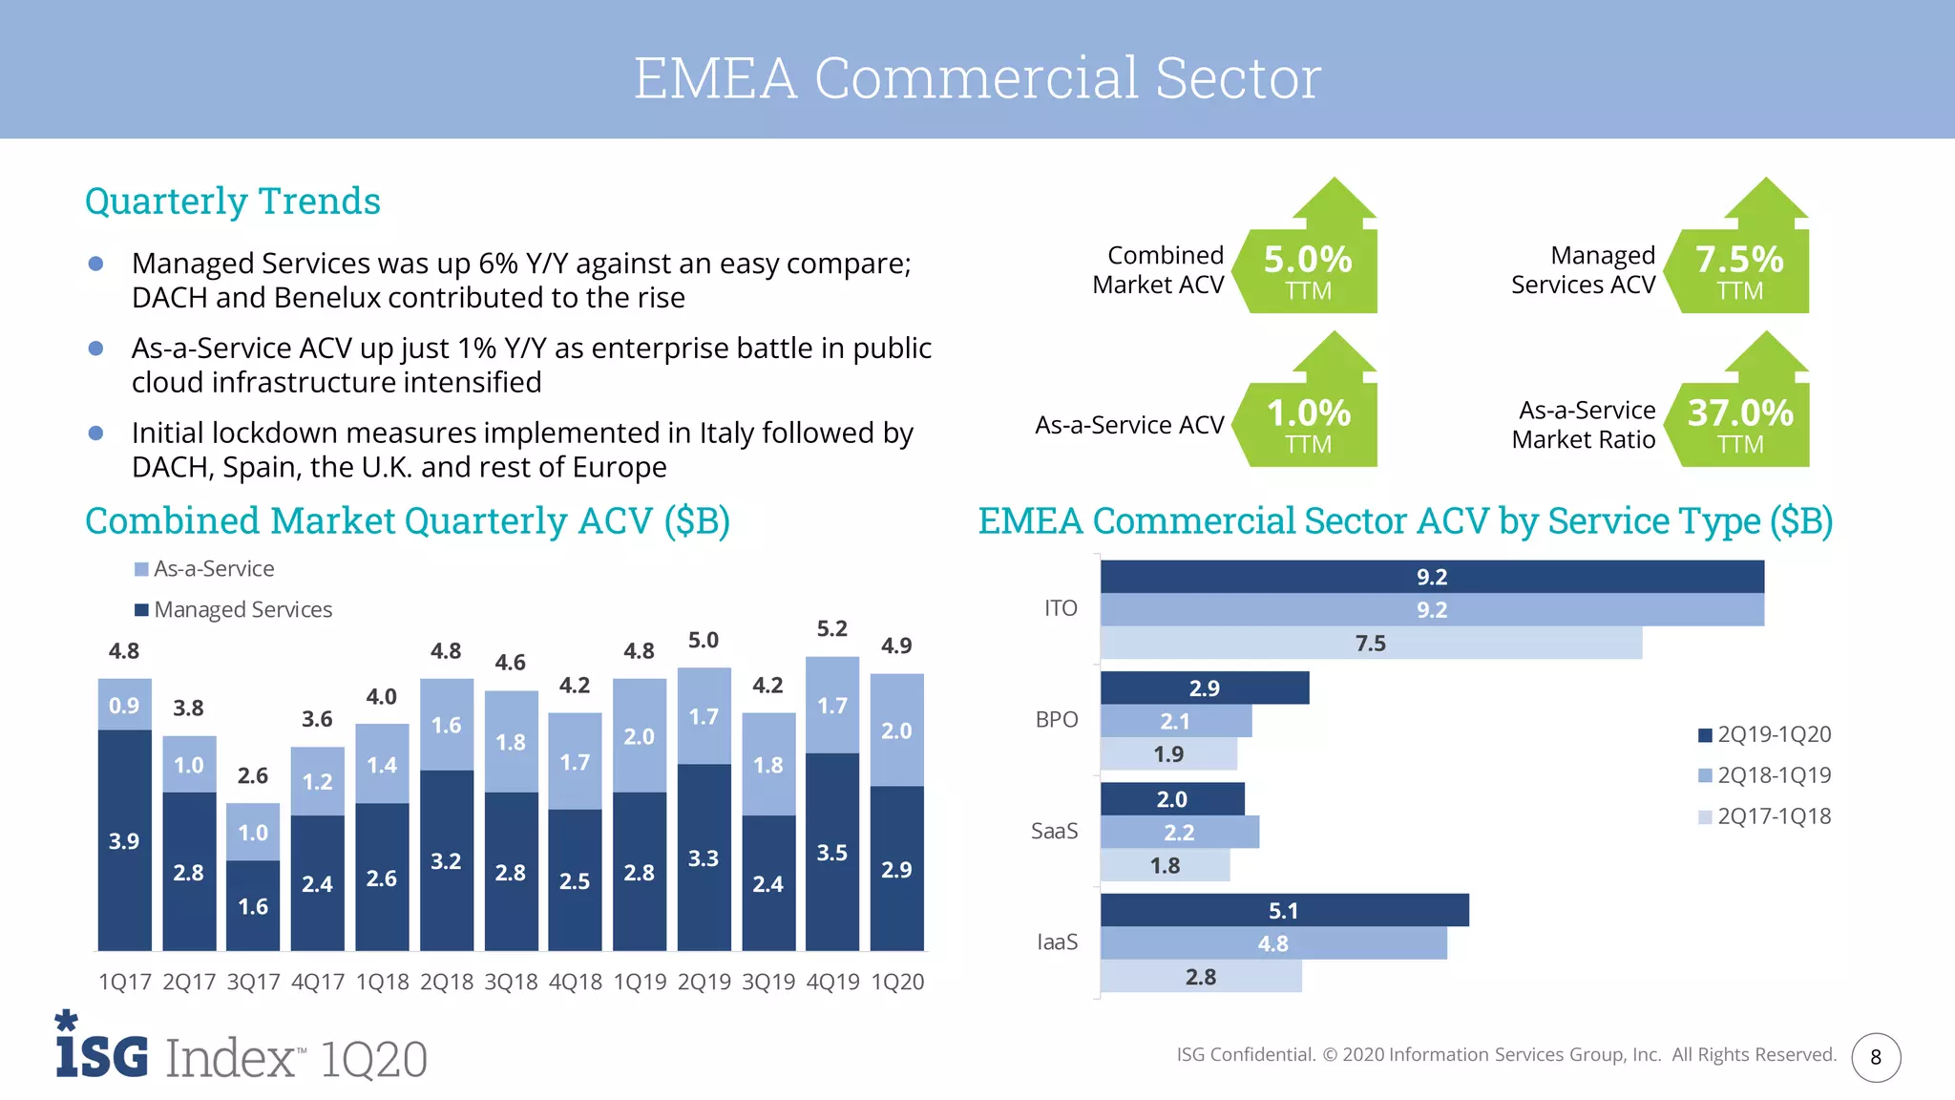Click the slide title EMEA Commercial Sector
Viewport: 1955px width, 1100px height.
coord(977,77)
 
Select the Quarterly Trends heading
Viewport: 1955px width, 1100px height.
coord(233,201)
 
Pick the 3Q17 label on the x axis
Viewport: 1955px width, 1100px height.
coord(253,982)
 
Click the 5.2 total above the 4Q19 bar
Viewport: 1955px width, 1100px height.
coord(831,628)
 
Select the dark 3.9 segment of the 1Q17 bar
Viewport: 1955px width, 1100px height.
coord(124,840)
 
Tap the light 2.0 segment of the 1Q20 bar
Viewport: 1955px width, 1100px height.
coord(896,730)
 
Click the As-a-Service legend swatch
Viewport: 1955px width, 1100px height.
coord(141,570)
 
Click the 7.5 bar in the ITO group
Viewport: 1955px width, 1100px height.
coord(1370,644)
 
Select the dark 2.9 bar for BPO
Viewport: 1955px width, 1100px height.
coord(1204,688)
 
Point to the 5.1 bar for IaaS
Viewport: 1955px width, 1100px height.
coord(1283,911)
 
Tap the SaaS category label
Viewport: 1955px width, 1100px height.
coord(1054,831)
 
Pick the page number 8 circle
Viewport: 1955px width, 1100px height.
coord(1876,1057)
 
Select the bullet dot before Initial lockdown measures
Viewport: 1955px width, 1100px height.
coord(95,434)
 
